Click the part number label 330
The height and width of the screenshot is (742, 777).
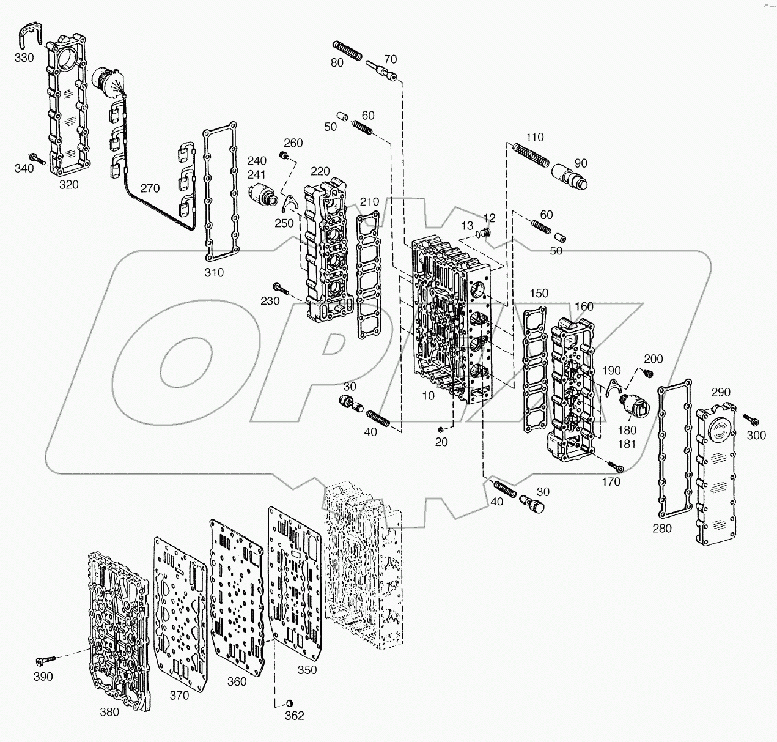tap(24, 57)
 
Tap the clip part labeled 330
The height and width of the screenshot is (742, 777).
tap(29, 34)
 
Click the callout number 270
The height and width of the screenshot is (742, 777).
tap(150, 189)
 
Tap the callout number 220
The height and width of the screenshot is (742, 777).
tap(320, 171)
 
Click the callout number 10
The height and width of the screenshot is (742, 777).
tap(428, 396)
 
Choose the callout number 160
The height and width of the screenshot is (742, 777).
tap(584, 306)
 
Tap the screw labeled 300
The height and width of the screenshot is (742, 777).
tap(751, 420)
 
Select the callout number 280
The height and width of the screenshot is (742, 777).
tap(662, 528)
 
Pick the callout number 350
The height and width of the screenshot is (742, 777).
tap(307, 670)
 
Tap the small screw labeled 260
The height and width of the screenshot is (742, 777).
tap(284, 157)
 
